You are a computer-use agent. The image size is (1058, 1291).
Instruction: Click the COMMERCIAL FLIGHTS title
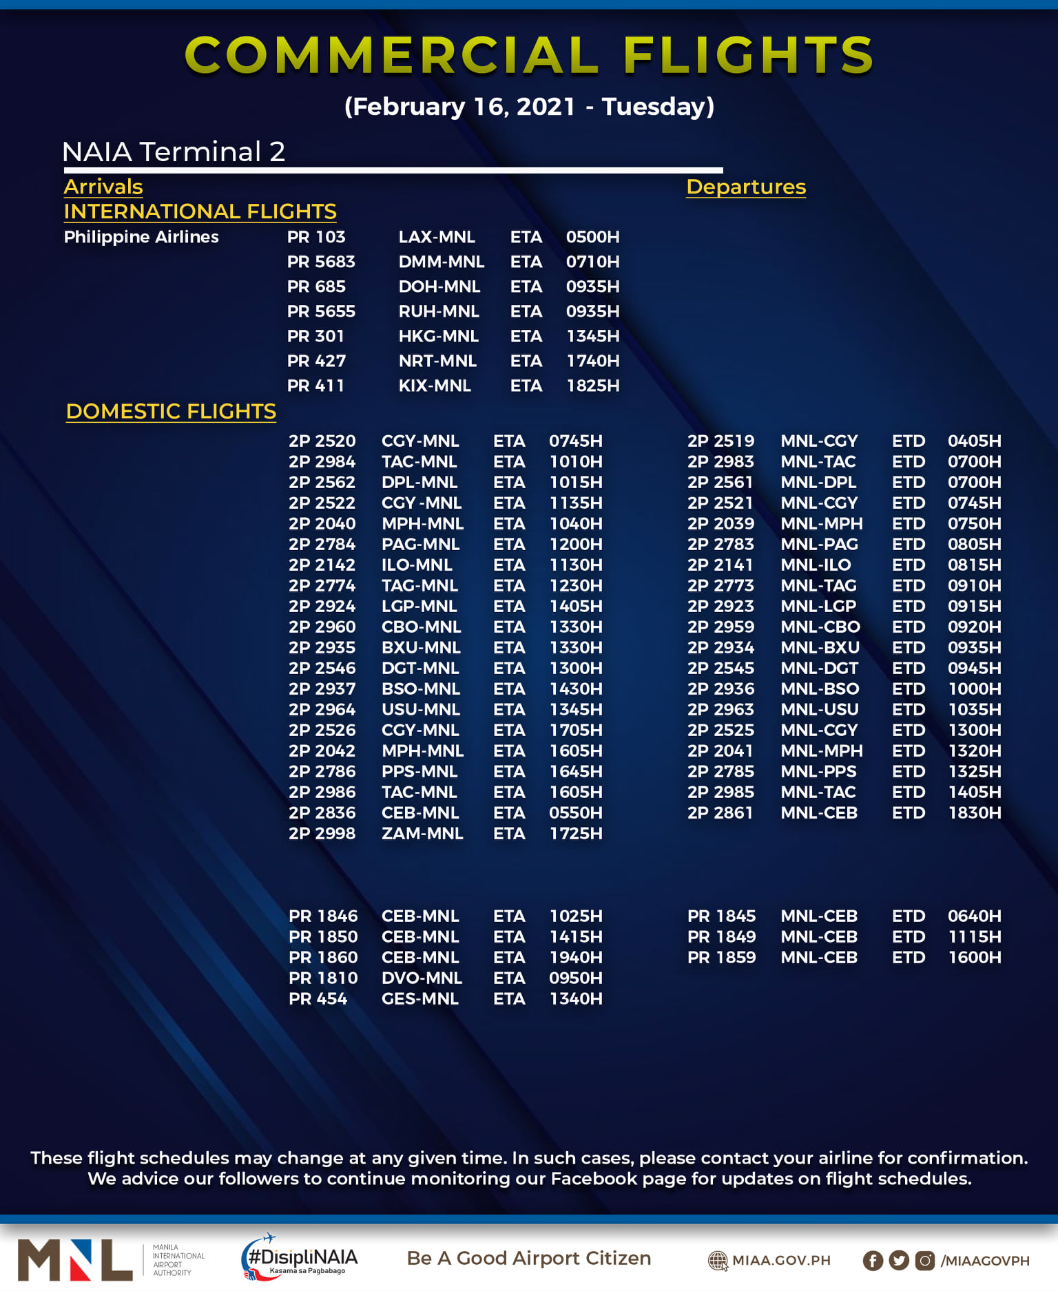pyautogui.click(x=529, y=55)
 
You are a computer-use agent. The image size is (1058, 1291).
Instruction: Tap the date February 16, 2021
pyautogui.click(x=459, y=107)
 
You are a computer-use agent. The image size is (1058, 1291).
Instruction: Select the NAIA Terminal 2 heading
pyautogui.click(x=174, y=151)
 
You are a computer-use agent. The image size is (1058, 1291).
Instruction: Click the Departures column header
pyautogui.click(x=746, y=187)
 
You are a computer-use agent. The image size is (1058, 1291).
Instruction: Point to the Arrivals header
pyautogui.click(x=103, y=187)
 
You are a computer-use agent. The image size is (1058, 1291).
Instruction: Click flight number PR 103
pyautogui.click(x=316, y=237)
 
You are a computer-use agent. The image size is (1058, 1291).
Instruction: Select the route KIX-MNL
pyautogui.click(x=435, y=386)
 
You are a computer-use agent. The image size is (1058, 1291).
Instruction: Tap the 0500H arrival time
pyautogui.click(x=592, y=237)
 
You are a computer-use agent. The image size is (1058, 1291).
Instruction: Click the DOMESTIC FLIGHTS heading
pyautogui.click(x=171, y=411)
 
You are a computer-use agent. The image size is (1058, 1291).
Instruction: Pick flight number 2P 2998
pyautogui.click(x=322, y=833)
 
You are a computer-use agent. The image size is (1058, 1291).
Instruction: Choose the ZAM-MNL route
pyautogui.click(x=422, y=833)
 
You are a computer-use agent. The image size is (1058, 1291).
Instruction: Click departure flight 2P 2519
pyautogui.click(x=720, y=441)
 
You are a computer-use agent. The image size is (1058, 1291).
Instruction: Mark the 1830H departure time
pyautogui.click(x=974, y=812)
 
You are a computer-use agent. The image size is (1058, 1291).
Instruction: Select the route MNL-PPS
pyautogui.click(x=818, y=771)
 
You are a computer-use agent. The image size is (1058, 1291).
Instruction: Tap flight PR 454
pyautogui.click(x=318, y=998)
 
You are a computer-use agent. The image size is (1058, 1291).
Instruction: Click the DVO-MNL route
pyautogui.click(x=422, y=978)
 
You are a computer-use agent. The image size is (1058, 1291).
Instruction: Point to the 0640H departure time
pyautogui.click(x=974, y=916)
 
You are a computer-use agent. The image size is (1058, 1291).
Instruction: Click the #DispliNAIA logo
pyautogui.click(x=300, y=1259)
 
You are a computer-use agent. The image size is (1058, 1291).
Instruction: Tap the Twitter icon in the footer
pyautogui.click(x=899, y=1260)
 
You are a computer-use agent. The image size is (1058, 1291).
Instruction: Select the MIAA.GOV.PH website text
pyautogui.click(x=780, y=1260)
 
